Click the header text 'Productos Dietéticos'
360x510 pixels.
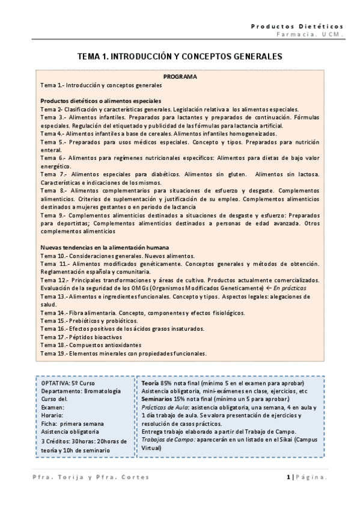pyautogui.click(x=297, y=26)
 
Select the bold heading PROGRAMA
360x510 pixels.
pyautogui.click(x=180, y=77)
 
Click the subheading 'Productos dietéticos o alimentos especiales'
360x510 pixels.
pyautogui.click(x=100, y=100)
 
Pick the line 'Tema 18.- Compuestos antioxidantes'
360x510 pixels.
pyautogui.click(x=91, y=346)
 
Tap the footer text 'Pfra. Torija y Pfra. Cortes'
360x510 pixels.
pyautogui.click(x=90, y=477)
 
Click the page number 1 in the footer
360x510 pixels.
pyautogui.click(x=288, y=477)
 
